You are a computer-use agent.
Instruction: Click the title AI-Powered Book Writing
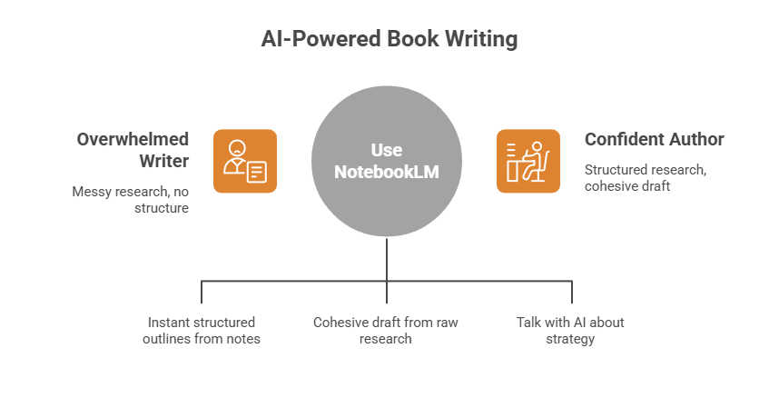[389, 40]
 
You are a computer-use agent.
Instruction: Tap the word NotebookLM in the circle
[387, 170]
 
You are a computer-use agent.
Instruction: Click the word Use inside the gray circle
[387, 150]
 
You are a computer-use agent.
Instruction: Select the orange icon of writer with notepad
[245, 161]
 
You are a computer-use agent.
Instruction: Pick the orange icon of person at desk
[528, 161]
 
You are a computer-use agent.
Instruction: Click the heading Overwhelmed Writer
[133, 150]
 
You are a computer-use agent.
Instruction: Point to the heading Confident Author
[654, 139]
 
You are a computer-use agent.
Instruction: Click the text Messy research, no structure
[131, 200]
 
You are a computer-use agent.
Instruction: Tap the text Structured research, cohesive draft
[633, 177]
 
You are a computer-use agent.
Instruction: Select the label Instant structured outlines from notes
[201, 331]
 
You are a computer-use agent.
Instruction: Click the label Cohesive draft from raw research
[387, 331]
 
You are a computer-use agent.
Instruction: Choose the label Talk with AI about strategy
[570, 331]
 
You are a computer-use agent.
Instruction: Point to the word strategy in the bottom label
[570, 339]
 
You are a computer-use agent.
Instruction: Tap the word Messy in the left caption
[91, 192]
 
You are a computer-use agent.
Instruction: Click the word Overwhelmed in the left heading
[133, 139]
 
